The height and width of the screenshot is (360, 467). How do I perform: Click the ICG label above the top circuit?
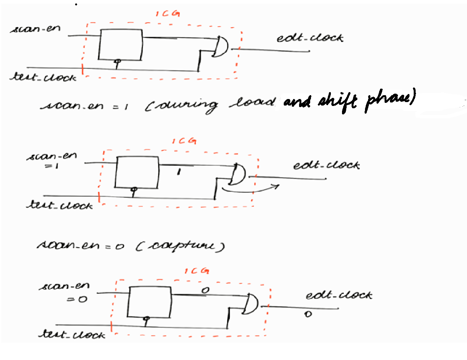click(x=168, y=14)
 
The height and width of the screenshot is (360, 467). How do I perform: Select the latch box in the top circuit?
click(x=120, y=45)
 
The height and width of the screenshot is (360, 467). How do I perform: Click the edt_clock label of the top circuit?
click(x=310, y=38)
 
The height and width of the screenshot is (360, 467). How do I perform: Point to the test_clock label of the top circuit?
click(x=43, y=77)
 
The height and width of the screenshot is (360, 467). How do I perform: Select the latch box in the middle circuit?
click(x=137, y=172)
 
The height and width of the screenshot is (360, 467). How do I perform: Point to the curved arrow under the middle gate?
click(x=249, y=188)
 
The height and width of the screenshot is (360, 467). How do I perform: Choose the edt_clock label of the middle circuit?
click(x=326, y=165)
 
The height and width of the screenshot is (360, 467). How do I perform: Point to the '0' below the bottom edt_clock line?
click(x=307, y=314)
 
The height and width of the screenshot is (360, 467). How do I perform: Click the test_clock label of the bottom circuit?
click(x=72, y=335)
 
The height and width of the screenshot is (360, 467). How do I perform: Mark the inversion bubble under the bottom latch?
click(x=146, y=318)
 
